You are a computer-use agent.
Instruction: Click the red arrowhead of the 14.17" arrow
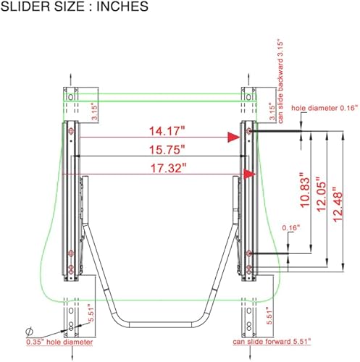234,135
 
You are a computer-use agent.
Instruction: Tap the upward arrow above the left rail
70,75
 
